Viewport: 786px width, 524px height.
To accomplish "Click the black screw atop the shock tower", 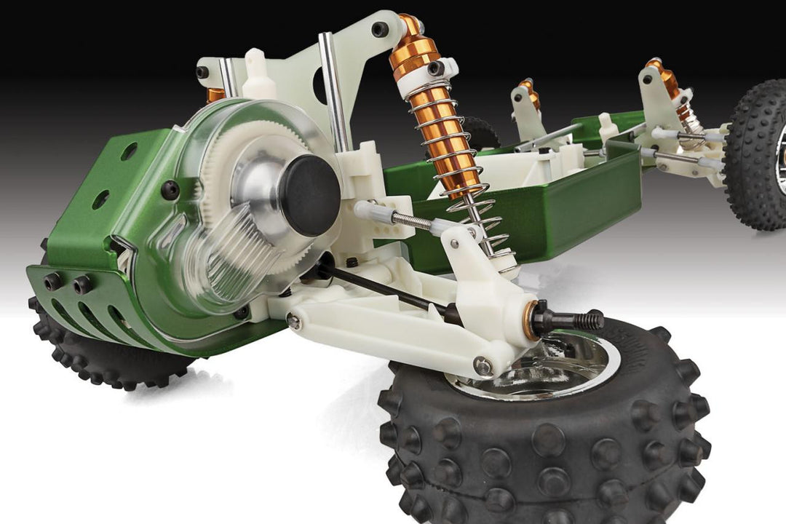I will [x=380, y=29].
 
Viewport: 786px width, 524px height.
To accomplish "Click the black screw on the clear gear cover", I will [x=170, y=190].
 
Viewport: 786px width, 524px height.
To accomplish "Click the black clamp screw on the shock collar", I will [x=437, y=68].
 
